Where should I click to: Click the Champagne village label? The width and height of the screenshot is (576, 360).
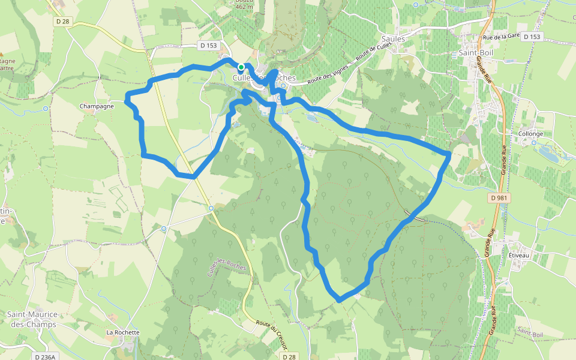[x=97, y=106]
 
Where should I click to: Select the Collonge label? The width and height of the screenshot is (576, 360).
[x=531, y=134]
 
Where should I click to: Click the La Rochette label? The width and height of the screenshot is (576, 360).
[x=123, y=332]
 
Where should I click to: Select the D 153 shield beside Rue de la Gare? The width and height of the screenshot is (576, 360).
[x=532, y=37]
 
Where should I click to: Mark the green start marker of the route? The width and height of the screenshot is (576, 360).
[x=241, y=67]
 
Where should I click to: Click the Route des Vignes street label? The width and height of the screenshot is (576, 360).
[x=328, y=74]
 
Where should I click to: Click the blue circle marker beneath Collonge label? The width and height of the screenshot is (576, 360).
[x=534, y=143]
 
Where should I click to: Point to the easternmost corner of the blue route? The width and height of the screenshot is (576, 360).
[x=449, y=155]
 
